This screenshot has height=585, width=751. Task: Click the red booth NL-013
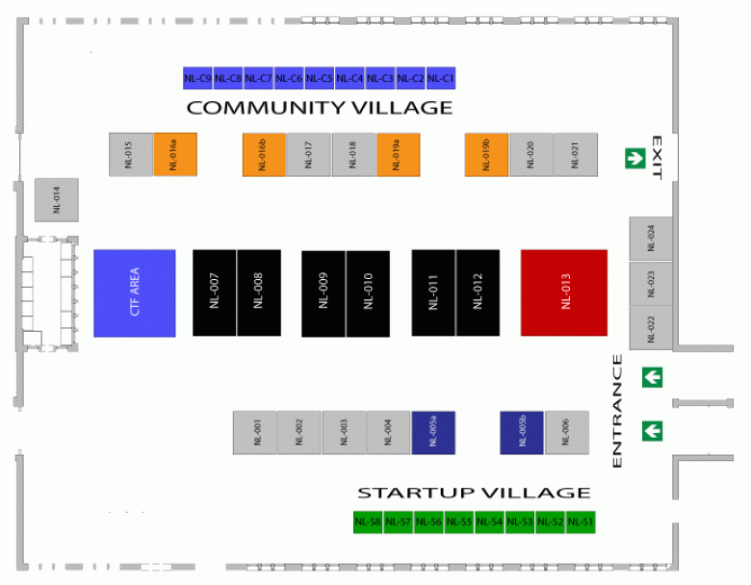[564, 292]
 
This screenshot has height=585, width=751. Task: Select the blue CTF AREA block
[135, 292]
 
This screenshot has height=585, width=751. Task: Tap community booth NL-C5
[320, 78]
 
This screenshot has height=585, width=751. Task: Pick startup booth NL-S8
[368, 521]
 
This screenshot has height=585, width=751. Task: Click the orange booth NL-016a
[175, 155]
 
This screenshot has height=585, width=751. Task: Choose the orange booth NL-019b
[486, 155]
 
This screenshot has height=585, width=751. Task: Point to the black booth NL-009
[324, 293]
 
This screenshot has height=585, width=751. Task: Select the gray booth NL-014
[57, 199]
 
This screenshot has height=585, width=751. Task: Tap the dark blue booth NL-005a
[433, 432]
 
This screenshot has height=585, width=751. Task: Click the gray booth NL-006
[566, 432]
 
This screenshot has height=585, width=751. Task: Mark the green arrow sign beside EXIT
[635, 158]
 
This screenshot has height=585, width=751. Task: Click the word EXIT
[657, 158]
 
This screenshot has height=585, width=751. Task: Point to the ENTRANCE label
[617, 411]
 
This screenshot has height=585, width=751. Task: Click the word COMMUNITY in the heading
[267, 108]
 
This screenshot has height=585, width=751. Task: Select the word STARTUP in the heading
[416, 493]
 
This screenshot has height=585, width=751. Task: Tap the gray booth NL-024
[651, 239]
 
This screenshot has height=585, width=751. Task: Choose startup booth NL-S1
[581, 521]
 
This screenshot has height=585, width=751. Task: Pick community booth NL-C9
[197, 78]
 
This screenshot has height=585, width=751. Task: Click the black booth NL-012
[478, 292]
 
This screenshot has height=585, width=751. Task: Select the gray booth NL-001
[255, 432]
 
